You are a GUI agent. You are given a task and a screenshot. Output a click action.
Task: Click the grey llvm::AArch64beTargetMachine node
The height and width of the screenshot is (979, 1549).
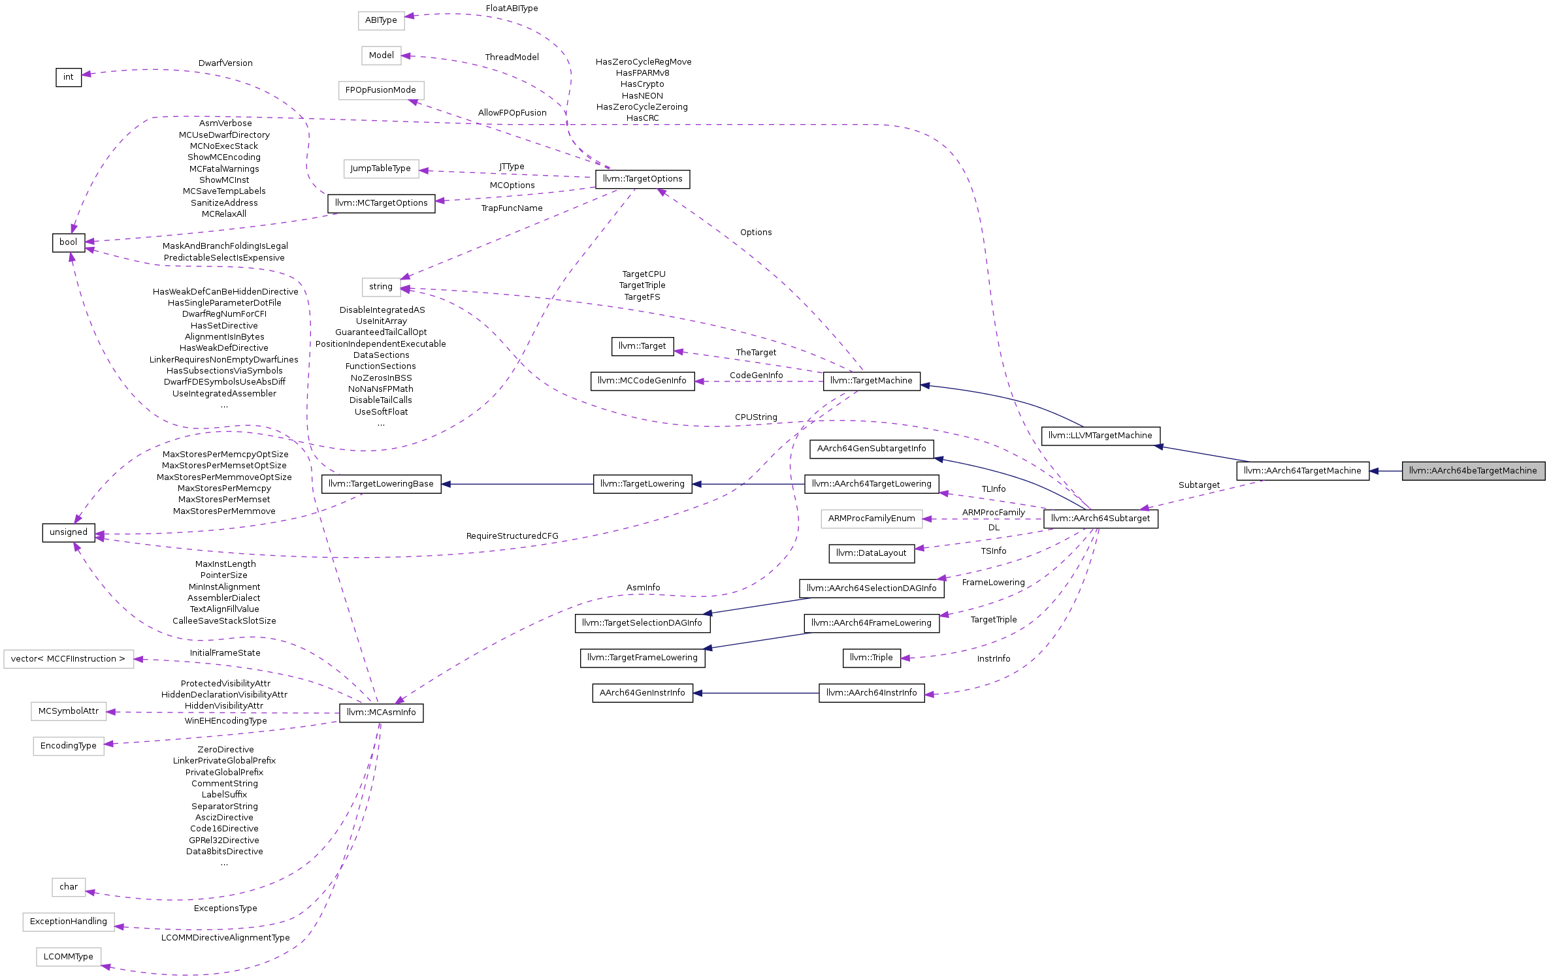[x=1473, y=471]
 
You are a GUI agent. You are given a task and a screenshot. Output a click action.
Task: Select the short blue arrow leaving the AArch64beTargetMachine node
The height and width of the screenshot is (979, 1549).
[x=1385, y=471]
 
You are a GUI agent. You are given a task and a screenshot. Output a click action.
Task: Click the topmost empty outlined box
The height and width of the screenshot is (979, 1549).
[x=382, y=21]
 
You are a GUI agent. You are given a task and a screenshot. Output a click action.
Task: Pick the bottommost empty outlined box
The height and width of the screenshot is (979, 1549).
[x=69, y=957]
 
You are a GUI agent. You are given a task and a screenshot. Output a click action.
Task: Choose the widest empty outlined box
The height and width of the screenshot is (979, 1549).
[x=69, y=659]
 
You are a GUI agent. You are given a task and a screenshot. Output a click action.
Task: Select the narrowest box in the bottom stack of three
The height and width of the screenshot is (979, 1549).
[x=69, y=888]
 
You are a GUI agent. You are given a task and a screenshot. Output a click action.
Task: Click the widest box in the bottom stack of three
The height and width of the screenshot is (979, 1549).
[x=69, y=922]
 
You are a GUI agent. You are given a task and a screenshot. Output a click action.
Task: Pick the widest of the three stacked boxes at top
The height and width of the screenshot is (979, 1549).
[x=382, y=91]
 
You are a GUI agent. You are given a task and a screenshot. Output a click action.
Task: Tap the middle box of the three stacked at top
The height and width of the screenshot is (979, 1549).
[x=382, y=56]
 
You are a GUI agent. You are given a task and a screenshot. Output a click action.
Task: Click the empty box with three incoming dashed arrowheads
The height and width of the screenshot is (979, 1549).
[x=382, y=287]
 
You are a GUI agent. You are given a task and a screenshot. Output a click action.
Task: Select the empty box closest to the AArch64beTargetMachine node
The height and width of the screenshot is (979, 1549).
[x=872, y=519]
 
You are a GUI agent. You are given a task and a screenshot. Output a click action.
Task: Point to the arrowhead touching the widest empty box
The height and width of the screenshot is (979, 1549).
[x=139, y=660]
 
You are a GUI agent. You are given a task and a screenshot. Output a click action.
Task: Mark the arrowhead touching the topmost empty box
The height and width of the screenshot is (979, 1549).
[x=410, y=16]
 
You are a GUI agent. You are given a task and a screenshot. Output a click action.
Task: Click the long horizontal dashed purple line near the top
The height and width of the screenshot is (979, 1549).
[x=588, y=124]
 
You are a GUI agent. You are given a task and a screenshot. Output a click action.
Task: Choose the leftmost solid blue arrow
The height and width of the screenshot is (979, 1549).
[x=516, y=484]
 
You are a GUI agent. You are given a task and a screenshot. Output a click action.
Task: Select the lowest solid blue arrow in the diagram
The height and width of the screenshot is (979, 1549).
[x=755, y=693]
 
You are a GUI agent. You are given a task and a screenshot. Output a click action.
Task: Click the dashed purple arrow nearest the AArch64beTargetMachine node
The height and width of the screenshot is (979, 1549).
[x=1202, y=495]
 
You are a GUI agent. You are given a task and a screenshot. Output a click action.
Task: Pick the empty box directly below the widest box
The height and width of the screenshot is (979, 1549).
[x=69, y=711]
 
